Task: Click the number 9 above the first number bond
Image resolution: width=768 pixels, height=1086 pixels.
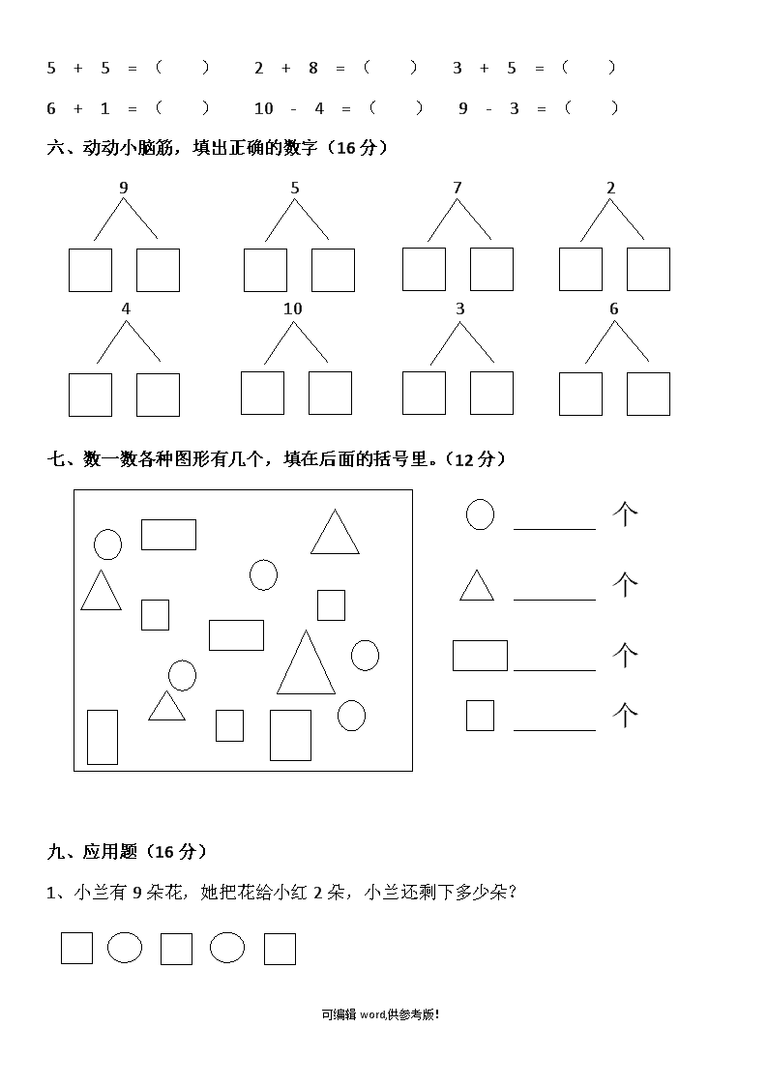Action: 124,188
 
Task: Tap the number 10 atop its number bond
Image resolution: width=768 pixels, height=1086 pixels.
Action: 293,308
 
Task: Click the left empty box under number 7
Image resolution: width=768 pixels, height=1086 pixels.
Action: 424,270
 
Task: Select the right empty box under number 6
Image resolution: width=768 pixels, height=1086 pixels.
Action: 648,395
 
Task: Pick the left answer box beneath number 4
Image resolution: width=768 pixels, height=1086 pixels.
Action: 90,395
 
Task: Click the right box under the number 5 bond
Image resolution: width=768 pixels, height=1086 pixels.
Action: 333,270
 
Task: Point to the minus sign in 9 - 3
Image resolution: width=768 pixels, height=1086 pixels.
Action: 488,108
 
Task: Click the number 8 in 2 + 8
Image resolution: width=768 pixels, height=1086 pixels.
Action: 313,68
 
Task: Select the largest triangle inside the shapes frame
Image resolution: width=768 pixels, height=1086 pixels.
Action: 306,662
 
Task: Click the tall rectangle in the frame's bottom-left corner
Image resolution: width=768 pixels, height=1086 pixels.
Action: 103,737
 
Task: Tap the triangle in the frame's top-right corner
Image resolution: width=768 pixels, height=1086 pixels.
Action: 336,532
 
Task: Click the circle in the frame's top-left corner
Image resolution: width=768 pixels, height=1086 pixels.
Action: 108,544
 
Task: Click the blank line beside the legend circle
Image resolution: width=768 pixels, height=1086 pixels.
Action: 554,529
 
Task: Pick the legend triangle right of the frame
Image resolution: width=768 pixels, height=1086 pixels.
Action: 477,586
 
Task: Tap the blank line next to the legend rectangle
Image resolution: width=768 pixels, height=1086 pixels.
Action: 554,670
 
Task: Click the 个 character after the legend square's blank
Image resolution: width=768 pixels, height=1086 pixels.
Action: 625,715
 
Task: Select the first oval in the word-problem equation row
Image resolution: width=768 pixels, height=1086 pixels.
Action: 125,948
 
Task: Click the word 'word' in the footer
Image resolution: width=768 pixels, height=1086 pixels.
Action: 372,1014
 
